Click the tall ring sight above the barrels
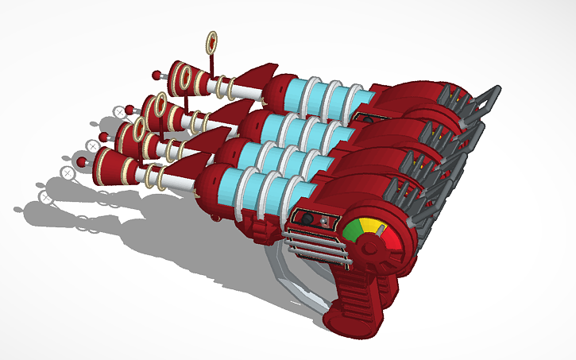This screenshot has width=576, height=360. click(x=212, y=43)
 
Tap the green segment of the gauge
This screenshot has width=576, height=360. click(x=353, y=230)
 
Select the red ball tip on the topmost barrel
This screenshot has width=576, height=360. click(x=157, y=75)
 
